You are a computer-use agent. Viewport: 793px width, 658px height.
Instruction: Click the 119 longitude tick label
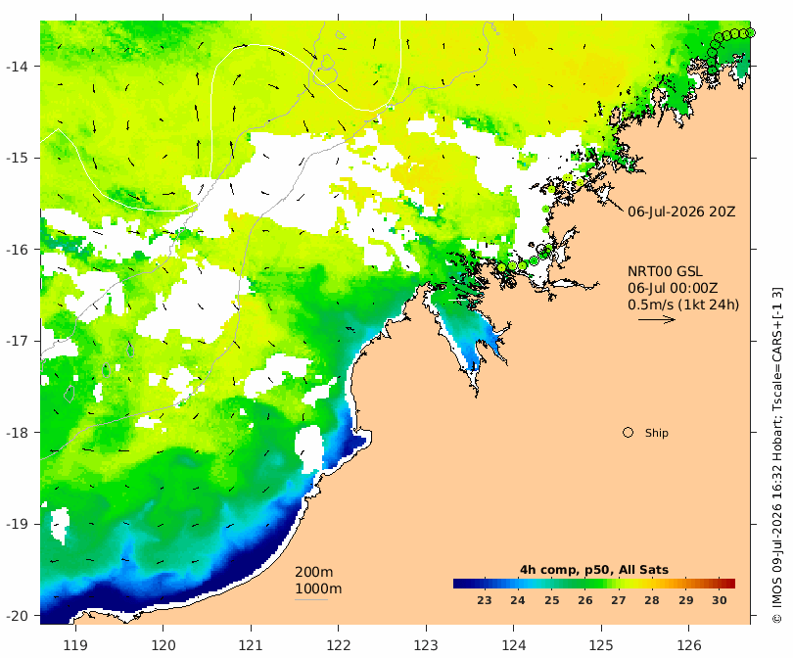75,645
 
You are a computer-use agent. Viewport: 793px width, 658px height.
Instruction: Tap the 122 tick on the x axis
339,645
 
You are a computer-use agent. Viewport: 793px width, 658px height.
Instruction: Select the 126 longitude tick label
689,645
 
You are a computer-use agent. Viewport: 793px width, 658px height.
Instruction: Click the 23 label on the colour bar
484,600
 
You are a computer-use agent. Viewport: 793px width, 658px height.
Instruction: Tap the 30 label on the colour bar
720,600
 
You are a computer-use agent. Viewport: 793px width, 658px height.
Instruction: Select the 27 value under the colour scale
619,600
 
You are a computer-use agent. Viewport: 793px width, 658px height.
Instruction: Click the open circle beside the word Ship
628,433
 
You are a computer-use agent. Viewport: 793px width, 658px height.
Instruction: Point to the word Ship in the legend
657,433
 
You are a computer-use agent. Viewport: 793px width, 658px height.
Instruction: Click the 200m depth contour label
313,572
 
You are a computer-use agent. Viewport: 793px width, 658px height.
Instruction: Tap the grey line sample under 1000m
311,600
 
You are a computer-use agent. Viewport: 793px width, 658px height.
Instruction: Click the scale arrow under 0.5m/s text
657,319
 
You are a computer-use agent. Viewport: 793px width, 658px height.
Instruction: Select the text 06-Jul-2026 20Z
681,211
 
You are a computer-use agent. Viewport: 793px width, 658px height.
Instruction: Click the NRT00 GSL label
665,271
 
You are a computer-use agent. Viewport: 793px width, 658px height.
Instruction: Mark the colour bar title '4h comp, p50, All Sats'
594,570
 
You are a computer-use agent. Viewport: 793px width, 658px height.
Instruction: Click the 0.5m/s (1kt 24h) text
683,305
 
